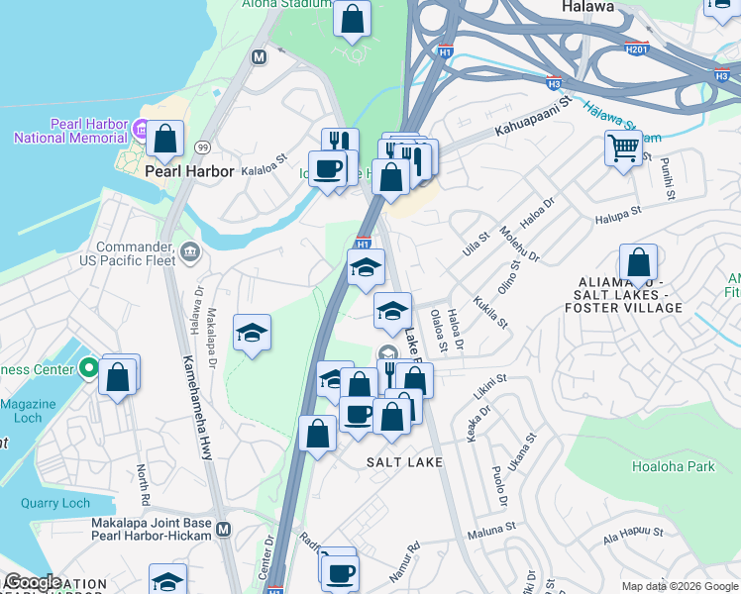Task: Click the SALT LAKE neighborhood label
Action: point(403,462)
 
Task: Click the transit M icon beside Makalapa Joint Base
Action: point(224,529)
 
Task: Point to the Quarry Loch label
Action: point(54,503)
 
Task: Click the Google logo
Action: point(33,582)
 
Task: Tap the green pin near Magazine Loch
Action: point(88,369)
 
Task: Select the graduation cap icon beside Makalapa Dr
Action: point(253,334)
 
